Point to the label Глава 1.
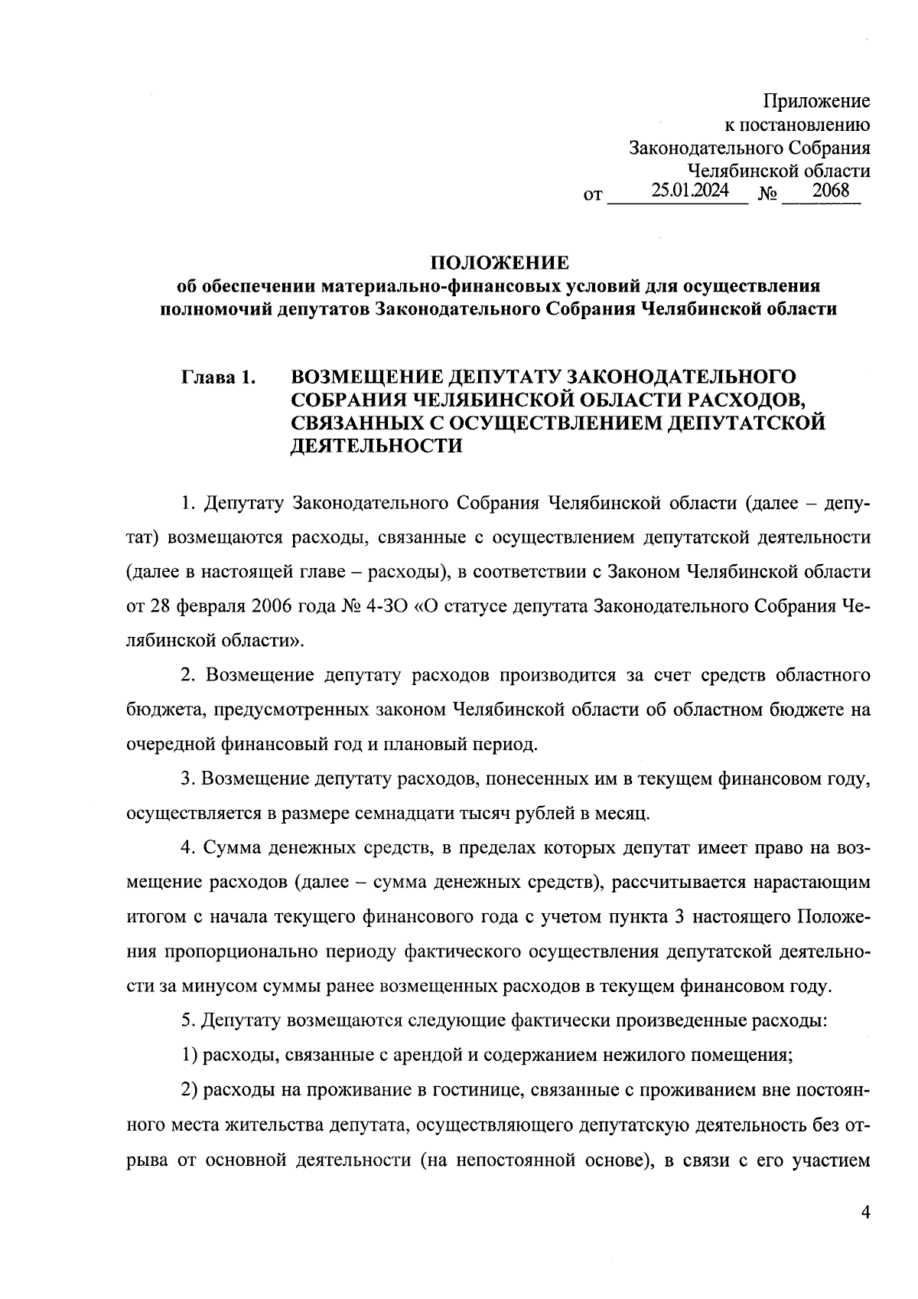[218, 377]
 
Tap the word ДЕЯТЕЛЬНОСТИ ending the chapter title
[377, 446]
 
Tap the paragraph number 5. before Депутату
[190, 1021]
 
